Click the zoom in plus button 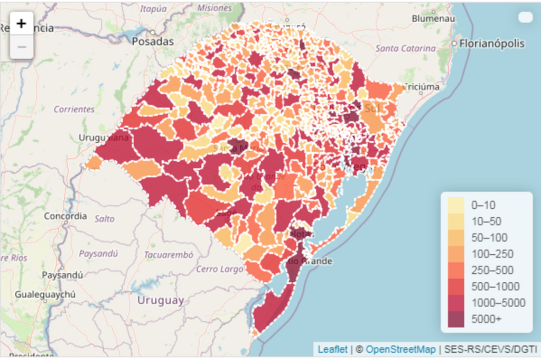coord(21,24)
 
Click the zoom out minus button coord(21,47)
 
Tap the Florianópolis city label coord(492,43)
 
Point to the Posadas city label coord(153,41)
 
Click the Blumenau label coord(433,18)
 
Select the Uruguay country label coord(161,300)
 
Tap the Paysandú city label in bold coord(62,275)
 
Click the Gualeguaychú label coord(45,294)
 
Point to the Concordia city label coord(65,216)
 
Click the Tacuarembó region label coord(169,254)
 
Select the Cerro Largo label coord(220,269)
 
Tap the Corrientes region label coord(74,109)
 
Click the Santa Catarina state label coord(406,48)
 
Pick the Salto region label coord(104,218)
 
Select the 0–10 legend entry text coord(483,205)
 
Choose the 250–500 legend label coord(492,270)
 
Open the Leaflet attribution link coord(333,349)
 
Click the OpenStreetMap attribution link coord(401,349)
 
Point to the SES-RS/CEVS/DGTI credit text coord(490,349)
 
